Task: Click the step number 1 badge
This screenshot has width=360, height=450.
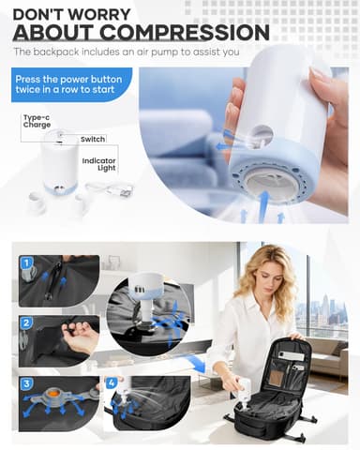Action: point(26,263)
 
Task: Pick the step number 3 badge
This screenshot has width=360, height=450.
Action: point(26,384)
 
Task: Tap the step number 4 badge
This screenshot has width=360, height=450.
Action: point(112,382)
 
